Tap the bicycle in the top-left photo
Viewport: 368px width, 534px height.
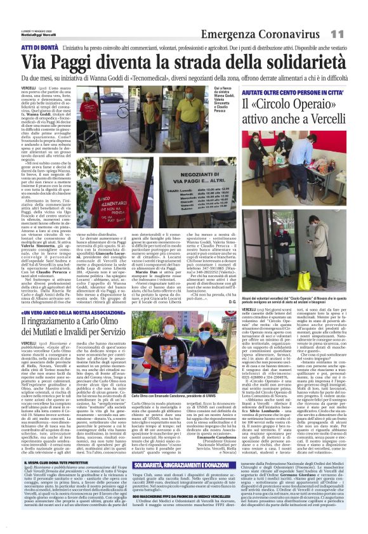[111, 124]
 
